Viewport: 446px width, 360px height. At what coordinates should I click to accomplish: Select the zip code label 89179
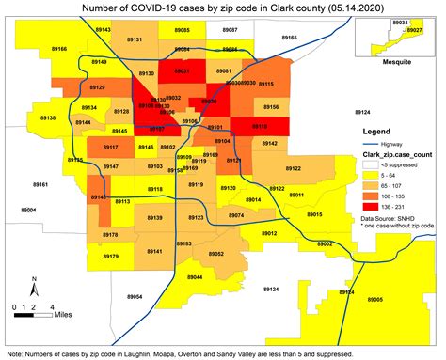click(111, 256)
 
